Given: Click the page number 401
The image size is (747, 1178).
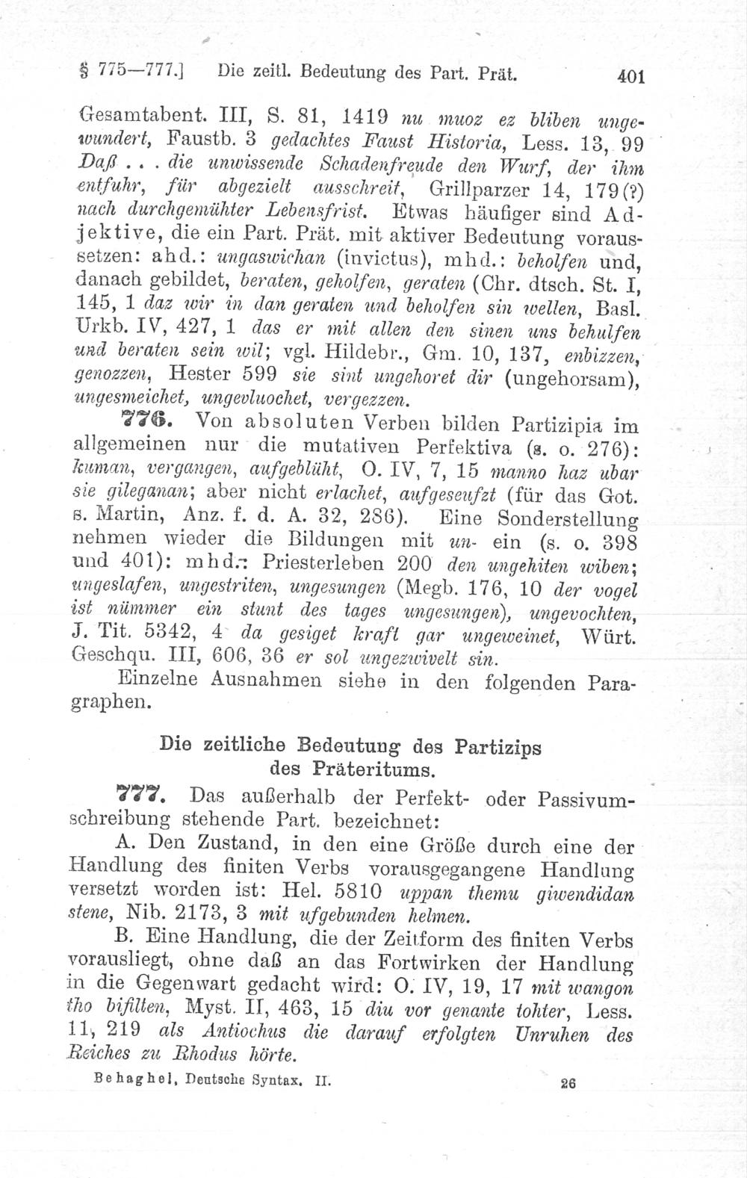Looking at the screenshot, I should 625,76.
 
